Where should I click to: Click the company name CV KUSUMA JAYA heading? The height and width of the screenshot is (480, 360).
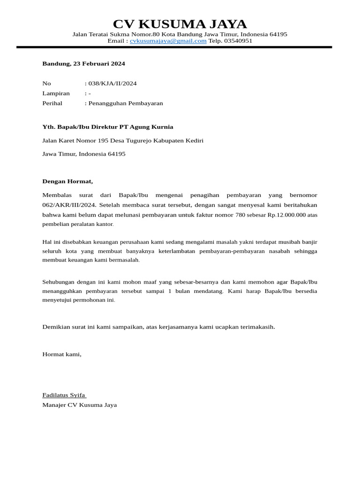click(x=180, y=24)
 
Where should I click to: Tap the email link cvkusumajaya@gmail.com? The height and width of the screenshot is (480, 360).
click(x=168, y=41)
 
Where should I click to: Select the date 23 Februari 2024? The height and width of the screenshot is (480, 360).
click(x=99, y=63)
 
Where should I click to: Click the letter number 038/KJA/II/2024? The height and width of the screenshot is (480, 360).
click(x=112, y=83)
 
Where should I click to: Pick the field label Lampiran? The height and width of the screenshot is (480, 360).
click(x=56, y=93)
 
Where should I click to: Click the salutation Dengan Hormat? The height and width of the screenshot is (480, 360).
click(x=67, y=181)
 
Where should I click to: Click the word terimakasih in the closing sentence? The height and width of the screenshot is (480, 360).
click(x=256, y=326)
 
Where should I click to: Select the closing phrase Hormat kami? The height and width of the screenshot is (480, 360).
click(x=61, y=354)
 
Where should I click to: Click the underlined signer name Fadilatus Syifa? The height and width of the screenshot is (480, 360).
click(x=64, y=395)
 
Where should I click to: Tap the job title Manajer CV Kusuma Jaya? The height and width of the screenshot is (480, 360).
click(x=79, y=405)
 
